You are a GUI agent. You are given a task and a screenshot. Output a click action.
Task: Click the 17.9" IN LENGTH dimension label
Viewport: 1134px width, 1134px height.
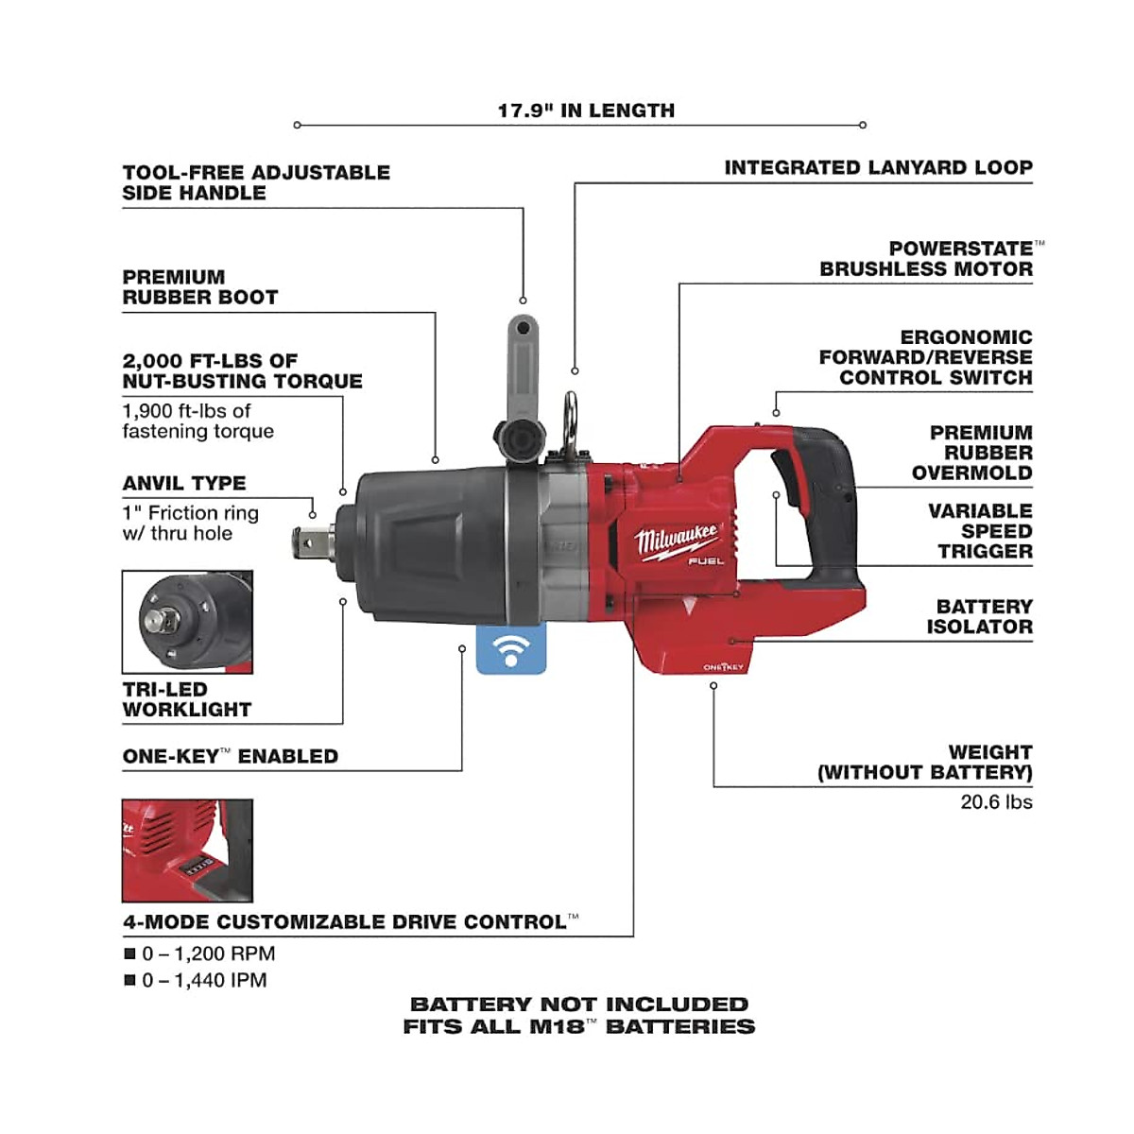point(586,111)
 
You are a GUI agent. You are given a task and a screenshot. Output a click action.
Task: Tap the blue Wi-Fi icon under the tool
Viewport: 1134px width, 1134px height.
point(511,650)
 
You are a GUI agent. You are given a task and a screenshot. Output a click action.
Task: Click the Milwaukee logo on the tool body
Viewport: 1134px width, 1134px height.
point(675,540)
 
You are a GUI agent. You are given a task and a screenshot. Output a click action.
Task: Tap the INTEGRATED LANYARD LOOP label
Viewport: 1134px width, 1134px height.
point(878,168)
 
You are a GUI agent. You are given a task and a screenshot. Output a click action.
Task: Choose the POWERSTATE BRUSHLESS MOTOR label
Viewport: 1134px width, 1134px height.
point(926,259)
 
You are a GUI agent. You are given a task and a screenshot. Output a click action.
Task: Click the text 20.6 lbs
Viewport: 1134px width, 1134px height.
point(996,802)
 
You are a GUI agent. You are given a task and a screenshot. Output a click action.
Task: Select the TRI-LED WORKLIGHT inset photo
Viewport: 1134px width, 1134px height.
point(187,622)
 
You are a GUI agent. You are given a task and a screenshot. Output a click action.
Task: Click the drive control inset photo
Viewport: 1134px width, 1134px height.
point(187,850)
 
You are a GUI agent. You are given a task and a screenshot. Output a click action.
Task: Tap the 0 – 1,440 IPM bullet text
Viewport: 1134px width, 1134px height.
point(204,981)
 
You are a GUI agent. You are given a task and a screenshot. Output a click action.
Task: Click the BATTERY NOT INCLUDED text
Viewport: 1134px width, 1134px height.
point(578,1004)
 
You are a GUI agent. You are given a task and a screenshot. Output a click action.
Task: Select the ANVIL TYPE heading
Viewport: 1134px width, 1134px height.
point(184,483)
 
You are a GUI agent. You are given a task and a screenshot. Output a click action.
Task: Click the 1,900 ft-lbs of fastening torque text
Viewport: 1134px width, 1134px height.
point(198,421)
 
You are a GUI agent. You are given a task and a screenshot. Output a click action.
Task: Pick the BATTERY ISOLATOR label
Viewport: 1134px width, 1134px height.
point(979,616)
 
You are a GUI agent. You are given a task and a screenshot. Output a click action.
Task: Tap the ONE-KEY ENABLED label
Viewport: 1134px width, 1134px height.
point(230,757)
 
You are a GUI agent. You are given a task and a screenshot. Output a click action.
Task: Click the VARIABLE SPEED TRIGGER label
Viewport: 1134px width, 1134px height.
point(980,531)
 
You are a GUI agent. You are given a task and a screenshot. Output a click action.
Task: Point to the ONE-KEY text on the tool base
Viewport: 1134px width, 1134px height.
point(723,667)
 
